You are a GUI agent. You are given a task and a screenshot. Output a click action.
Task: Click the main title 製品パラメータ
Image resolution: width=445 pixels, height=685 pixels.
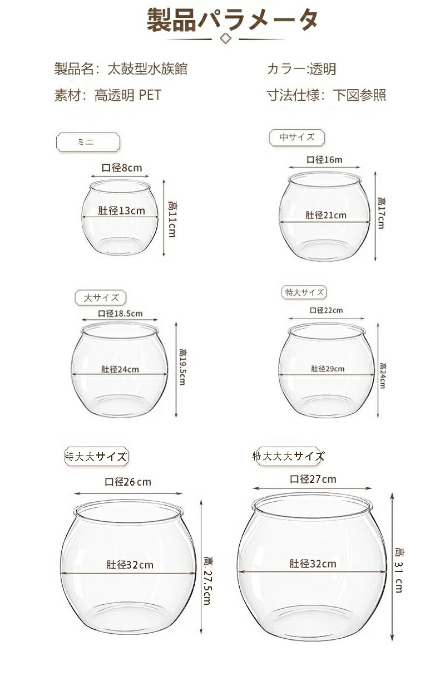tap(232, 19)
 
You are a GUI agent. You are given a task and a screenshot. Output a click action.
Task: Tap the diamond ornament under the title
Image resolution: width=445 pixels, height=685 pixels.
tap(225, 39)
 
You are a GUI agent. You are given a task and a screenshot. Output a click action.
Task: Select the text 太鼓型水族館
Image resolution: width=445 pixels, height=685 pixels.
tap(147, 69)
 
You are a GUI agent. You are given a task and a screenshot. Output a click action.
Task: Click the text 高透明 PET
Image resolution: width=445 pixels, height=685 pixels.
tap(128, 95)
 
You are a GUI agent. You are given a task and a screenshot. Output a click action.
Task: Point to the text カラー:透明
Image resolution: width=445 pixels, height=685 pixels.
tap(301, 69)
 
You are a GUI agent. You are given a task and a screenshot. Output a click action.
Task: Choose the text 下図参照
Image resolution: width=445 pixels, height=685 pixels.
tap(359, 95)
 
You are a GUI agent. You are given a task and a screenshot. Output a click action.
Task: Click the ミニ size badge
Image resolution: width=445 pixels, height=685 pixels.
tap(88, 142)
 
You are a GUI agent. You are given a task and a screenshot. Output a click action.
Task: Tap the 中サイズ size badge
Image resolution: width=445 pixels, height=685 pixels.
tap(296, 138)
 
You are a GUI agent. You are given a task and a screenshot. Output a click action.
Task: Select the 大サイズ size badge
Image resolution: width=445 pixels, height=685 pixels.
tap(101, 297)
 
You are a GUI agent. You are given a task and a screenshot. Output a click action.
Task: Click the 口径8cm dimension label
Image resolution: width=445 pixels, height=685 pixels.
tap(122, 168)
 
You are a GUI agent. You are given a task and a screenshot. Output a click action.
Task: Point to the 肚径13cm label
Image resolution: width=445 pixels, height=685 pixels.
tap(121, 211)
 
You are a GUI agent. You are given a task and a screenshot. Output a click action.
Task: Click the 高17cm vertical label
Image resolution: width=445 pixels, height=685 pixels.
tap(381, 213)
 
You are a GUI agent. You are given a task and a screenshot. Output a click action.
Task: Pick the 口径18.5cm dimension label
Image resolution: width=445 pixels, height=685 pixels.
tap(120, 314)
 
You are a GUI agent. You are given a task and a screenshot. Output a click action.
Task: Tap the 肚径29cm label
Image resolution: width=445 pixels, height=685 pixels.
tap(328, 369)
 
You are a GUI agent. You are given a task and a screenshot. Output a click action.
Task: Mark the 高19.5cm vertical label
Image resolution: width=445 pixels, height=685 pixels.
tap(182, 366)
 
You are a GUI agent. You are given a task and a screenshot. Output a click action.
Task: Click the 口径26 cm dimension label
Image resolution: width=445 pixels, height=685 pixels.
tap(128, 482)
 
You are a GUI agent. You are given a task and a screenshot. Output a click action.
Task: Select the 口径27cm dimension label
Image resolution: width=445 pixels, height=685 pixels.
tap(313, 479)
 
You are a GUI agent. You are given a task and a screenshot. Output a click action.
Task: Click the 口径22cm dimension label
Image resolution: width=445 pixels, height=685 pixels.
tap(326, 310)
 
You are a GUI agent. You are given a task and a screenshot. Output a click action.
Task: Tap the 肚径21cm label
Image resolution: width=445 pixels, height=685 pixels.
tap(326, 216)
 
